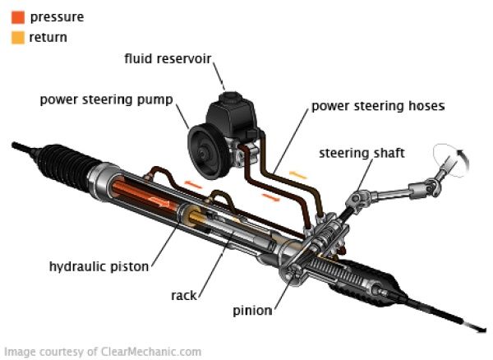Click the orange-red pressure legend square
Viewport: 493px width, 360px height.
[18, 17]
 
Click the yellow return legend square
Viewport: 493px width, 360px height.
[18, 38]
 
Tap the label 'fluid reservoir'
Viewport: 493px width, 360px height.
[168, 59]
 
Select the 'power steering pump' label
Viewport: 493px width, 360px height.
[107, 100]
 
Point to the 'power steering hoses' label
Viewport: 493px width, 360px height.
[378, 106]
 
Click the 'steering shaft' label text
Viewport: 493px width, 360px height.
[362, 153]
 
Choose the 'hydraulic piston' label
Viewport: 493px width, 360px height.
[99, 266]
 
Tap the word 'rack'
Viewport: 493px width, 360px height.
[184, 296]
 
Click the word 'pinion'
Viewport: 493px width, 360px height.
[252, 311]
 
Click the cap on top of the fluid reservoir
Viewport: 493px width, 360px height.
[231, 97]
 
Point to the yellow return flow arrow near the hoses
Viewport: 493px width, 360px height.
[297, 175]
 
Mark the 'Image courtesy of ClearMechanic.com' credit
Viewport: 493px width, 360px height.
[103, 352]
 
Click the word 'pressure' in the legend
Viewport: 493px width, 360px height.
[57, 17]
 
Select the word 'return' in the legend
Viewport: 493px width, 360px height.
[48, 38]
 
